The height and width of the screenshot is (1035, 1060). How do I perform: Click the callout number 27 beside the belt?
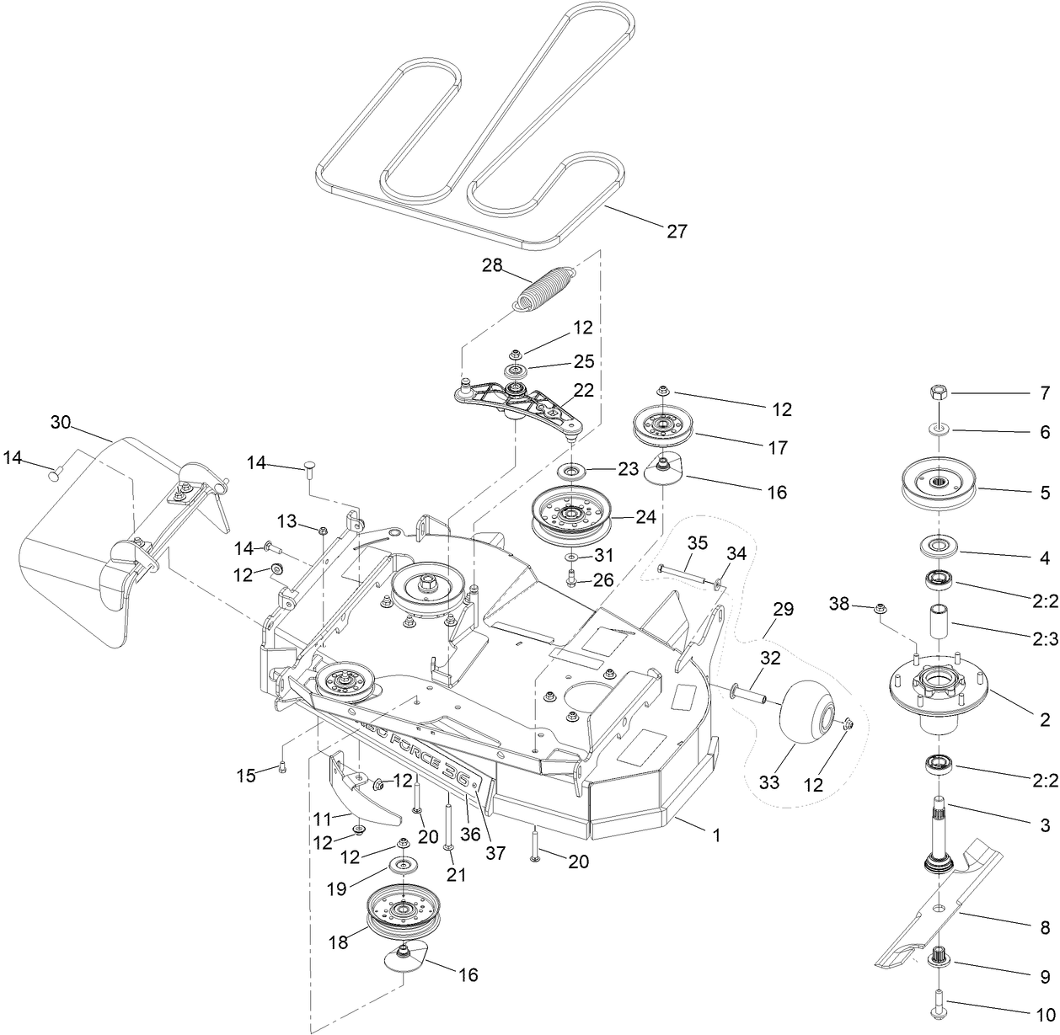coord(677,230)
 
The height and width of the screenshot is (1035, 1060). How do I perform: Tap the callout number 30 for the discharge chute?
coord(60,422)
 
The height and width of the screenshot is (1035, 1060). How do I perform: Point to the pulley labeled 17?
coord(663,428)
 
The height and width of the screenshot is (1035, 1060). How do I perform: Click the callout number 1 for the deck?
coord(716,835)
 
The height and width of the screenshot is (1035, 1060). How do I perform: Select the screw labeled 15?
coord(283,766)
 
